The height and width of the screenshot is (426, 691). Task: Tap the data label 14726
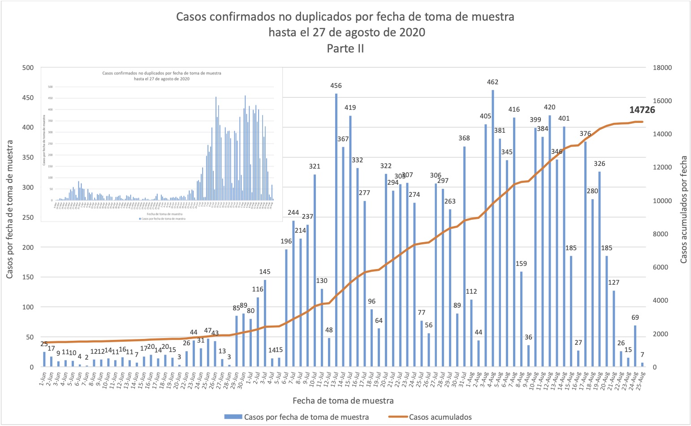tap(642, 110)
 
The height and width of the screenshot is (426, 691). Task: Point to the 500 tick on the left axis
tap(28, 68)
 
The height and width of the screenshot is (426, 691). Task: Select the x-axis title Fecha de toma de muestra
tap(343, 400)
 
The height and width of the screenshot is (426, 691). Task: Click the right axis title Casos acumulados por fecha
tap(683, 209)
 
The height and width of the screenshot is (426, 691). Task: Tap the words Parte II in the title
tap(345, 48)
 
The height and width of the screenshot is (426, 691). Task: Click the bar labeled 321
tap(315, 270)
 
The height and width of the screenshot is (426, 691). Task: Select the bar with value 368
tap(464, 256)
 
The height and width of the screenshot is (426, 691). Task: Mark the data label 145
tap(265, 272)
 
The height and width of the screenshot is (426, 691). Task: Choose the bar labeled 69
tap(635, 346)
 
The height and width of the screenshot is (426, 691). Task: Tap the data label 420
tap(549, 107)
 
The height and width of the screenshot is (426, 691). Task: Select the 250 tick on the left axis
tap(28, 217)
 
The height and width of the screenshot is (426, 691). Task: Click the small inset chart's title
tap(161, 76)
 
